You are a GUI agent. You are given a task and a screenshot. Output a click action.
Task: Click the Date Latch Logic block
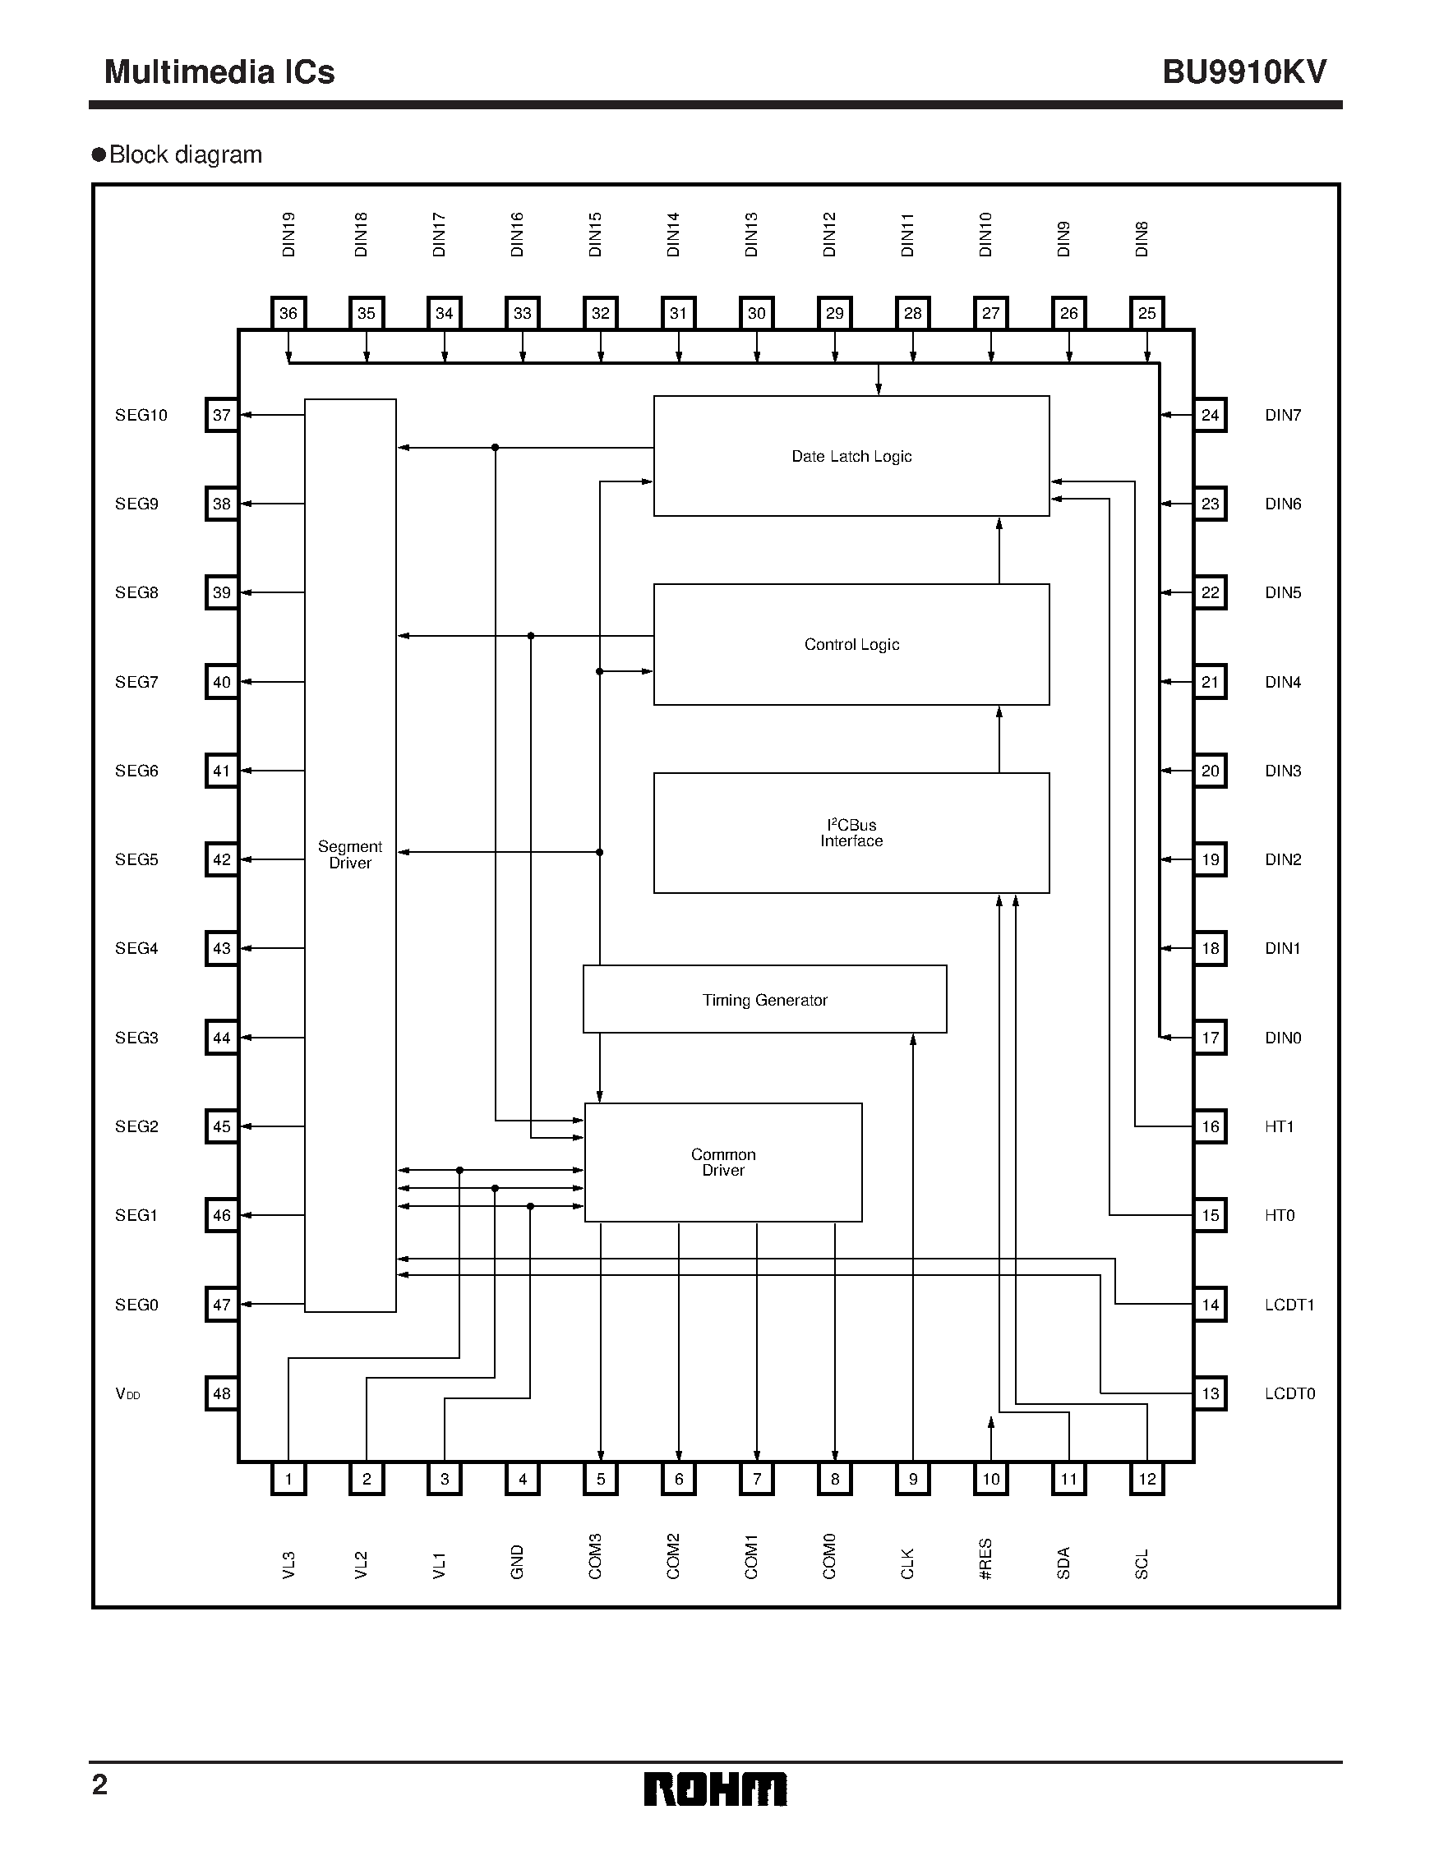[851, 456]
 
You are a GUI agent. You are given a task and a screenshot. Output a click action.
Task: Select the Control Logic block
[851, 644]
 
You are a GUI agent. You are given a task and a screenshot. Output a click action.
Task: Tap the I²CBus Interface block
[851, 832]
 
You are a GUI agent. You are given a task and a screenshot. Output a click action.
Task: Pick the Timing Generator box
[764, 999]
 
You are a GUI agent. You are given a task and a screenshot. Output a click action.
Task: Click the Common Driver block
[723, 1162]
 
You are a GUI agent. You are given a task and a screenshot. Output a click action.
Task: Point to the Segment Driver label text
[350, 854]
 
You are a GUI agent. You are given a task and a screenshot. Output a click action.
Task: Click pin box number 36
[288, 314]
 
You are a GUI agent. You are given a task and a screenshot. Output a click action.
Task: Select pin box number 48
[221, 1393]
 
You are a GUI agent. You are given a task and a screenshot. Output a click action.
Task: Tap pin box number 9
[913, 1480]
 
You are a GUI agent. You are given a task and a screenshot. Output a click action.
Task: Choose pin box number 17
[1210, 1038]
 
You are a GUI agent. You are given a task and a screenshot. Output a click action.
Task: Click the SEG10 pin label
[141, 415]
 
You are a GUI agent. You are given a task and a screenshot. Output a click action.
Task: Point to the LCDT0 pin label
[1289, 1393]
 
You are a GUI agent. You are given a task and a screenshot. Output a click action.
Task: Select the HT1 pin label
[1279, 1126]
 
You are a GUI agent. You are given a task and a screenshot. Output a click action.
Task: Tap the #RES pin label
[985, 1559]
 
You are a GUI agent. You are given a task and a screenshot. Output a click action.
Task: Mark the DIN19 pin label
[288, 235]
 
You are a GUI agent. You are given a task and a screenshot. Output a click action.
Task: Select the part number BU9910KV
[1243, 72]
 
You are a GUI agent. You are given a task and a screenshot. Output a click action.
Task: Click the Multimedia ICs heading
[219, 72]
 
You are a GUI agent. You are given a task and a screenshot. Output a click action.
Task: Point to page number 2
[99, 1785]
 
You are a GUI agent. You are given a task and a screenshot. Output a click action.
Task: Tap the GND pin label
[517, 1562]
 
